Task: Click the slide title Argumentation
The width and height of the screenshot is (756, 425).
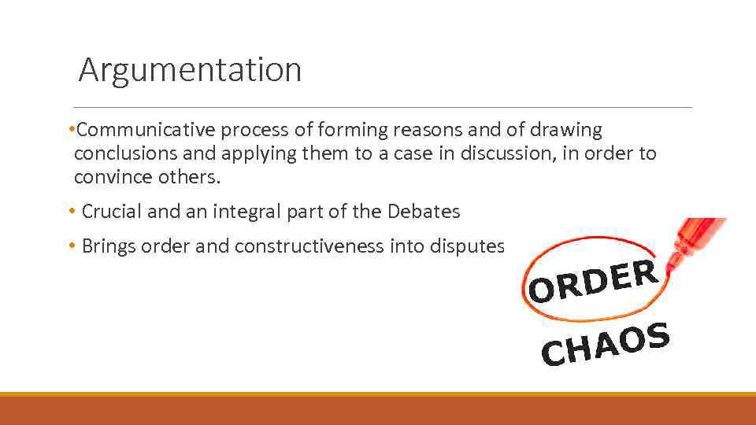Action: (x=190, y=70)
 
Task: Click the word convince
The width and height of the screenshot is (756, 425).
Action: (x=111, y=178)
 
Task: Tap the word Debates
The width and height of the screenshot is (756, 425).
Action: (x=424, y=212)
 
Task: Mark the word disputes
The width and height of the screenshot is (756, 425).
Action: (x=471, y=246)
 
